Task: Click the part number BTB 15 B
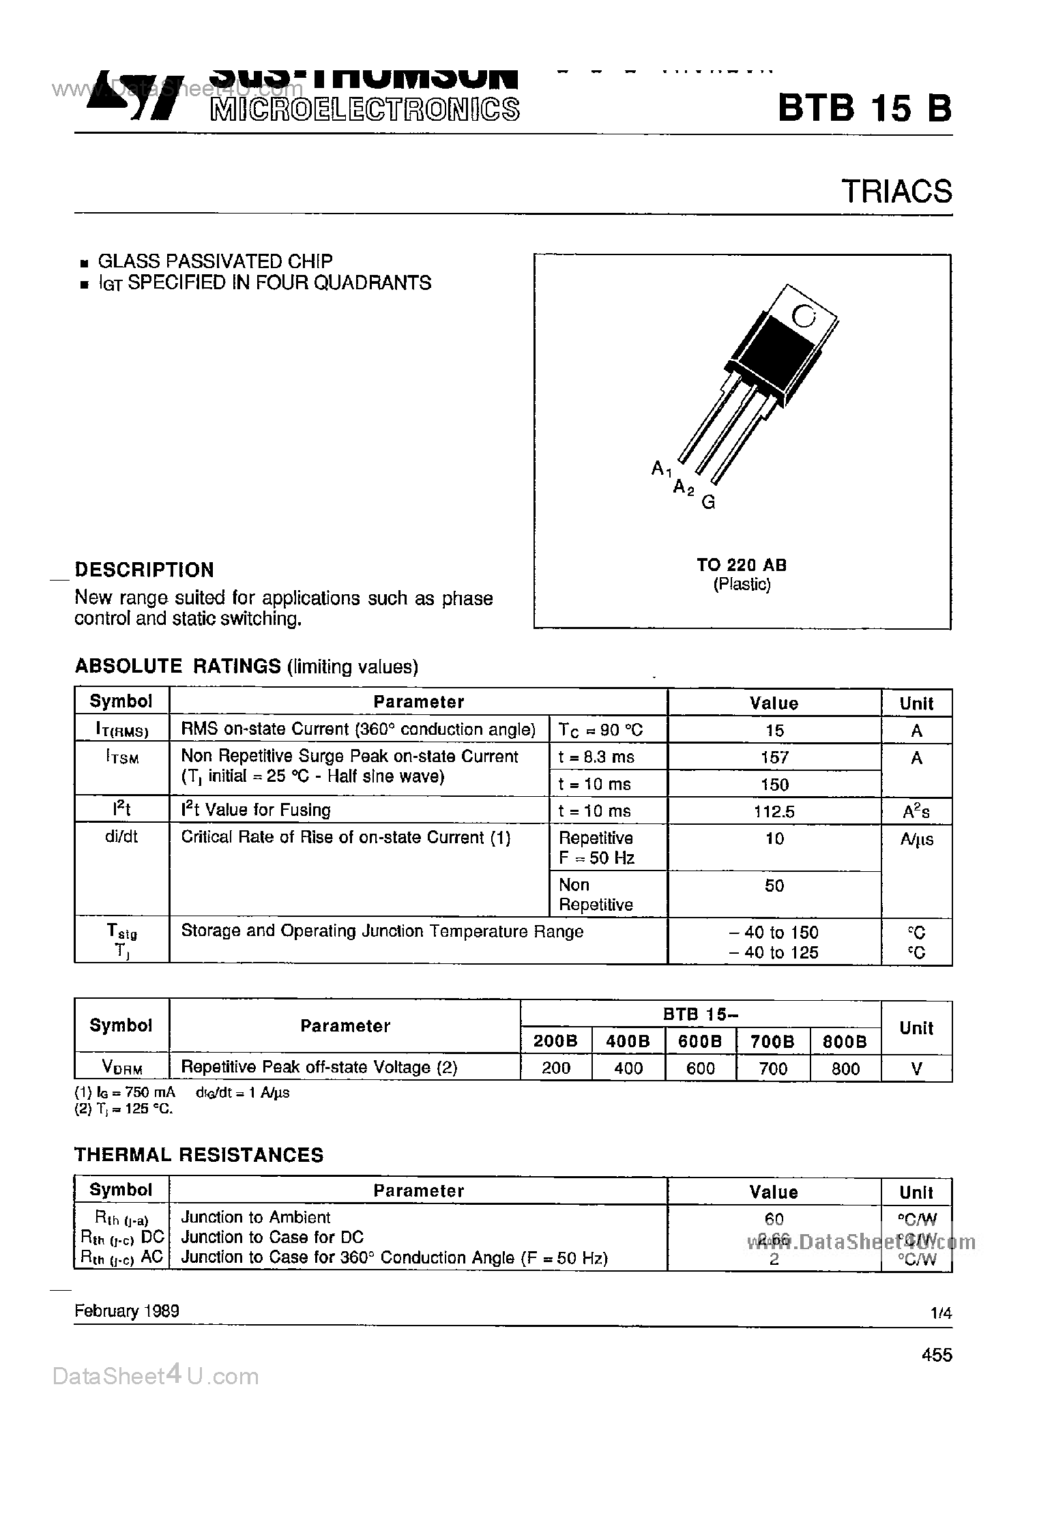click(x=864, y=108)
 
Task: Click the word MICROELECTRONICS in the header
click(x=365, y=109)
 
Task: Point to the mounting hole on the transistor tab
click(x=804, y=316)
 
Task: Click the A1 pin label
click(x=661, y=469)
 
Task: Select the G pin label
click(x=709, y=503)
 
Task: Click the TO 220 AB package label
click(x=742, y=565)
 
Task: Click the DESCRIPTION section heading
click(x=144, y=570)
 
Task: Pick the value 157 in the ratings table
click(x=774, y=757)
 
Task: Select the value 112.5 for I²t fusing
click(x=774, y=811)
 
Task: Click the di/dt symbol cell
click(x=121, y=837)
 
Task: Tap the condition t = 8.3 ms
click(x=596, y=757)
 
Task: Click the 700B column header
click(x=773, y=1041)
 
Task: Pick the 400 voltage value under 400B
click(x=628, y=1068)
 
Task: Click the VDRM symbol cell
click(x=121, y=1068)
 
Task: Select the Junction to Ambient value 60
click(x=774, y=1218)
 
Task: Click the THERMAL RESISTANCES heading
click(x=199, y=1155)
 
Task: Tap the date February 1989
click(x=127, y=1311)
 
